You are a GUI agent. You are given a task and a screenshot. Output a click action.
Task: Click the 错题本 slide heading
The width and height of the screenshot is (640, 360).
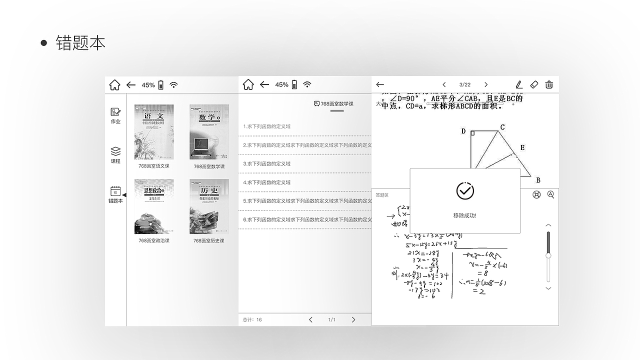(80, 43)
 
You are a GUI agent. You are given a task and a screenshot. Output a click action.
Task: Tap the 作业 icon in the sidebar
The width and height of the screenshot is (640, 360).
(115, 112)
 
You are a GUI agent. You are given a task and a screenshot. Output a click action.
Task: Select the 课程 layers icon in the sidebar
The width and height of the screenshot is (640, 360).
(115, 151)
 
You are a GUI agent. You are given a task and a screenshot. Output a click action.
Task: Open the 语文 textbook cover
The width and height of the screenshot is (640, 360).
(154, 132)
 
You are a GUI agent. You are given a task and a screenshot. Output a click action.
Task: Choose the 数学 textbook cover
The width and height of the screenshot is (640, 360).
(209, 132)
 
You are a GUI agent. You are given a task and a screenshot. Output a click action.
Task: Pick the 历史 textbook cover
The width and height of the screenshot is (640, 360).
(209, 206)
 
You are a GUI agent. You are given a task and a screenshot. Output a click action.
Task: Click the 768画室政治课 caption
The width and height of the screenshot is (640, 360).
(154, 240)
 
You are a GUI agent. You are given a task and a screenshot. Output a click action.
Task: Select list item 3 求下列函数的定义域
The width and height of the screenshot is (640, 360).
(267, 164)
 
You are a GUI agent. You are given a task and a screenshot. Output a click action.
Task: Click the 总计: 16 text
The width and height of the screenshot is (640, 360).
(252, 319)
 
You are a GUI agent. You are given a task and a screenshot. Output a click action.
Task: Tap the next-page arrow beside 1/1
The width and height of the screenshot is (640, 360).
(353, 319)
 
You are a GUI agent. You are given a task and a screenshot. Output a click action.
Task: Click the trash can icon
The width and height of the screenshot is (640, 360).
(549, 84)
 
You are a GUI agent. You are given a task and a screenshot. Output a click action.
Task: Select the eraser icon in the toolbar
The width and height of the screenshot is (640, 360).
(534, 84)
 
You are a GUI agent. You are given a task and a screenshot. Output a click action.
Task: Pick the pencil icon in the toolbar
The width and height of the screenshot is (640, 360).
(519, 84)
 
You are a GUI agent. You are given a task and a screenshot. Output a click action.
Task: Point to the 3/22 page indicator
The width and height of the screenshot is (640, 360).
(465, 85)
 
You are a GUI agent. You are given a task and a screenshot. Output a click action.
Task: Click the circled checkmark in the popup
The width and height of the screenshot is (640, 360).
(465, 190)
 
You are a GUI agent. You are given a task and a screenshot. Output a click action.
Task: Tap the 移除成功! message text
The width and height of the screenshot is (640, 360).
(465, 215)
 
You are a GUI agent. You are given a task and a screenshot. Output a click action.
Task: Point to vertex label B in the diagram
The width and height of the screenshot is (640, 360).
(538, 180)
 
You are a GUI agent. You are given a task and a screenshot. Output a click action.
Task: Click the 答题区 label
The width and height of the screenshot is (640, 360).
(382, 195)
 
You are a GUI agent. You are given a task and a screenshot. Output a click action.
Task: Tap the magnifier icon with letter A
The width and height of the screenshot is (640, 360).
(550, 194)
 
